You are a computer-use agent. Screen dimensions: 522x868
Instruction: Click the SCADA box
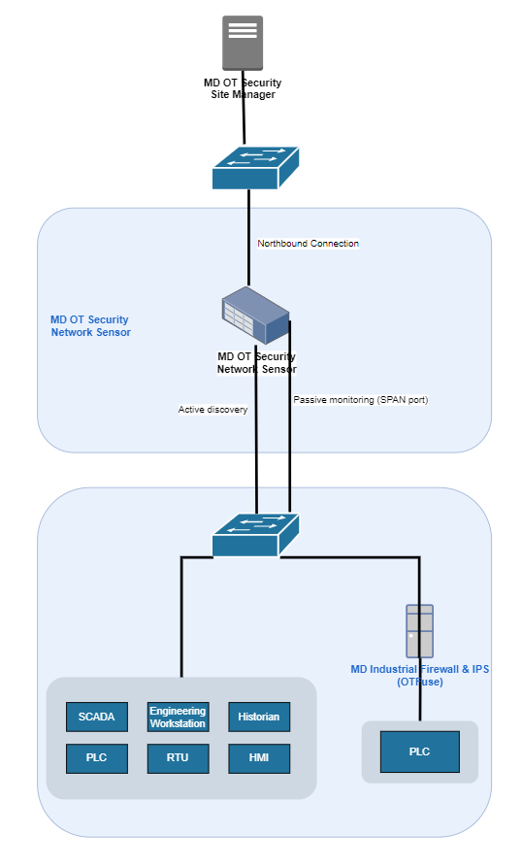tap(97, 717)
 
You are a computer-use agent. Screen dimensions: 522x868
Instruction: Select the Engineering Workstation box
tap(179, 717)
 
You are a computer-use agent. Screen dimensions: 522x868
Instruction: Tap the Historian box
tap(259, 717)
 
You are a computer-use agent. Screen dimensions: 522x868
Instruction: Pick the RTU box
tap(179, 758)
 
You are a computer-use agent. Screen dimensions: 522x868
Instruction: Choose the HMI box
tap(259, 758)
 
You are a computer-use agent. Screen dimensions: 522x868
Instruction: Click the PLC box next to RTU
tap(97, 758)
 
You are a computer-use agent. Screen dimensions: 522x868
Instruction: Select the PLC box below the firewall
tap(420, 751)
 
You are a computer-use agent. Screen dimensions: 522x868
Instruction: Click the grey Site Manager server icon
tap(243, 43)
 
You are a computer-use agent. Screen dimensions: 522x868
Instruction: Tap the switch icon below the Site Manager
tap(255, 168)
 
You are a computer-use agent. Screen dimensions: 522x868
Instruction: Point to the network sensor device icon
tap(255, 316)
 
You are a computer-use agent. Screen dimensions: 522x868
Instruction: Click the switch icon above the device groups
tap(255, 535)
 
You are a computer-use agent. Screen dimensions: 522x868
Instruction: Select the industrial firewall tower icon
tap(420, 631)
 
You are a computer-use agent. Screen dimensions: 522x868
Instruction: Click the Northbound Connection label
tap(308, 244)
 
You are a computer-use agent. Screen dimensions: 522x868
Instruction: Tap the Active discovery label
tap(212, 410)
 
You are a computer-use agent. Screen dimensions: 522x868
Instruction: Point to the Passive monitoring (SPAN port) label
tap(361, 400)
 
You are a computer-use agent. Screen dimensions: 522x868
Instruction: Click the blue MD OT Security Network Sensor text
tap(90, 326)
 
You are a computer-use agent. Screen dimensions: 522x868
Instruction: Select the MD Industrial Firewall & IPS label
tap(420, 669)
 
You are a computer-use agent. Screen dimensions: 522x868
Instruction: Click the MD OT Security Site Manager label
tap(243, 88)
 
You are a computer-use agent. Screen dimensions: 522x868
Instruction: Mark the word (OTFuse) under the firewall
tap(420, 682)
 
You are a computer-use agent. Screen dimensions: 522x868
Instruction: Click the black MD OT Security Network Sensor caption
tap(256, 362)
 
